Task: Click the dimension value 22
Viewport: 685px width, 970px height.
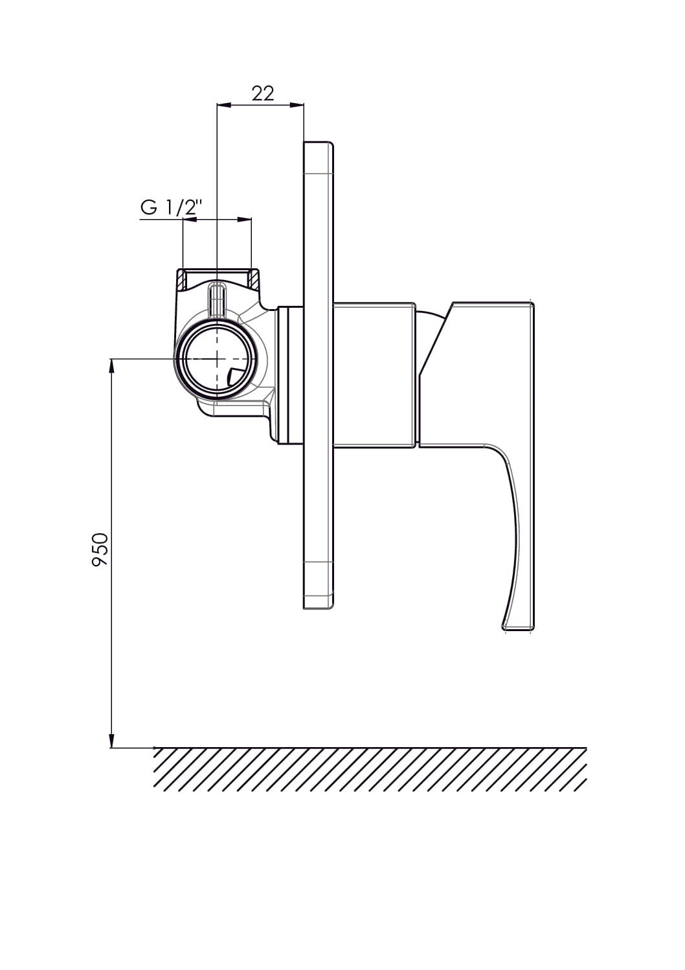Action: click(x=263, y=93)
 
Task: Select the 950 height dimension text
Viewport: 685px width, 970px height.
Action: click(x=100, y=550)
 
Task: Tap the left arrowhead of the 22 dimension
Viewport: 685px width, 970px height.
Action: click(x=223, y=104)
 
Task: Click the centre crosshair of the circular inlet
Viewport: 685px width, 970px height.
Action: click(x=216, y=359)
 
